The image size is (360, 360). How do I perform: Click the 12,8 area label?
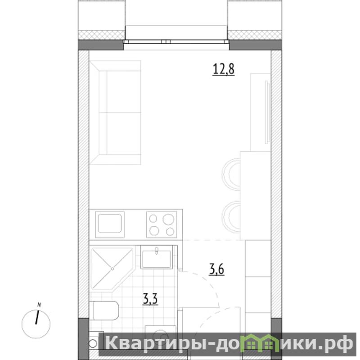pyautogui.click(x=224, y=69)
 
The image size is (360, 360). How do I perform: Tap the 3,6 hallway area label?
pyautogui.click(x=216, y=269)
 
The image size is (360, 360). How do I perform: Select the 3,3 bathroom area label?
pyautogui.click(x=150, y=299)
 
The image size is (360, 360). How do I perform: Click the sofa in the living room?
pyautogui.click(x=115, y=112)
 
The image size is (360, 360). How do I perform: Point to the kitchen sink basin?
pyautogui.click(x=110, y=224)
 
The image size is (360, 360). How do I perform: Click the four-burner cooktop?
pyautogui.click(x=162, y=224)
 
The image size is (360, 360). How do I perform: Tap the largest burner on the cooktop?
pyautogui.click(x=168, y=219)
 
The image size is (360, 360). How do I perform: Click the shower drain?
pyautogui.click(x=112, y=268)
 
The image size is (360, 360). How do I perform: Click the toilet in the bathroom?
pyautogui.click(x=104, y=310)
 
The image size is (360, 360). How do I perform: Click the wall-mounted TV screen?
pyautogui.click(x=267, y=112)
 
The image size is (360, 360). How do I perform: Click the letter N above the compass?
pyautogui.click(x=39, y=305)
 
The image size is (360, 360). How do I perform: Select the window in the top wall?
pyautogui.click(x=176, y=42)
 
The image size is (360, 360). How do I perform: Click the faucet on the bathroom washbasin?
pyautogui.click(x=157, y=251)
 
